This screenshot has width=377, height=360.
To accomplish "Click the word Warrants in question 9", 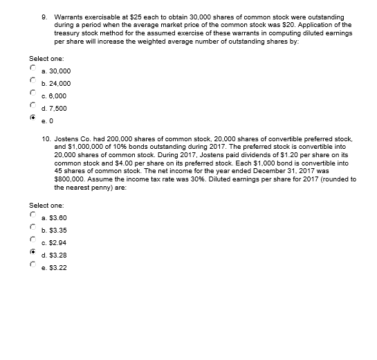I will [x=68, y=14].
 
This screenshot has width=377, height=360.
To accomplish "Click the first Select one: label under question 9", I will [x=45, y=58].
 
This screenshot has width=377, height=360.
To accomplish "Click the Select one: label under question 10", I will [x=45, y=206].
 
